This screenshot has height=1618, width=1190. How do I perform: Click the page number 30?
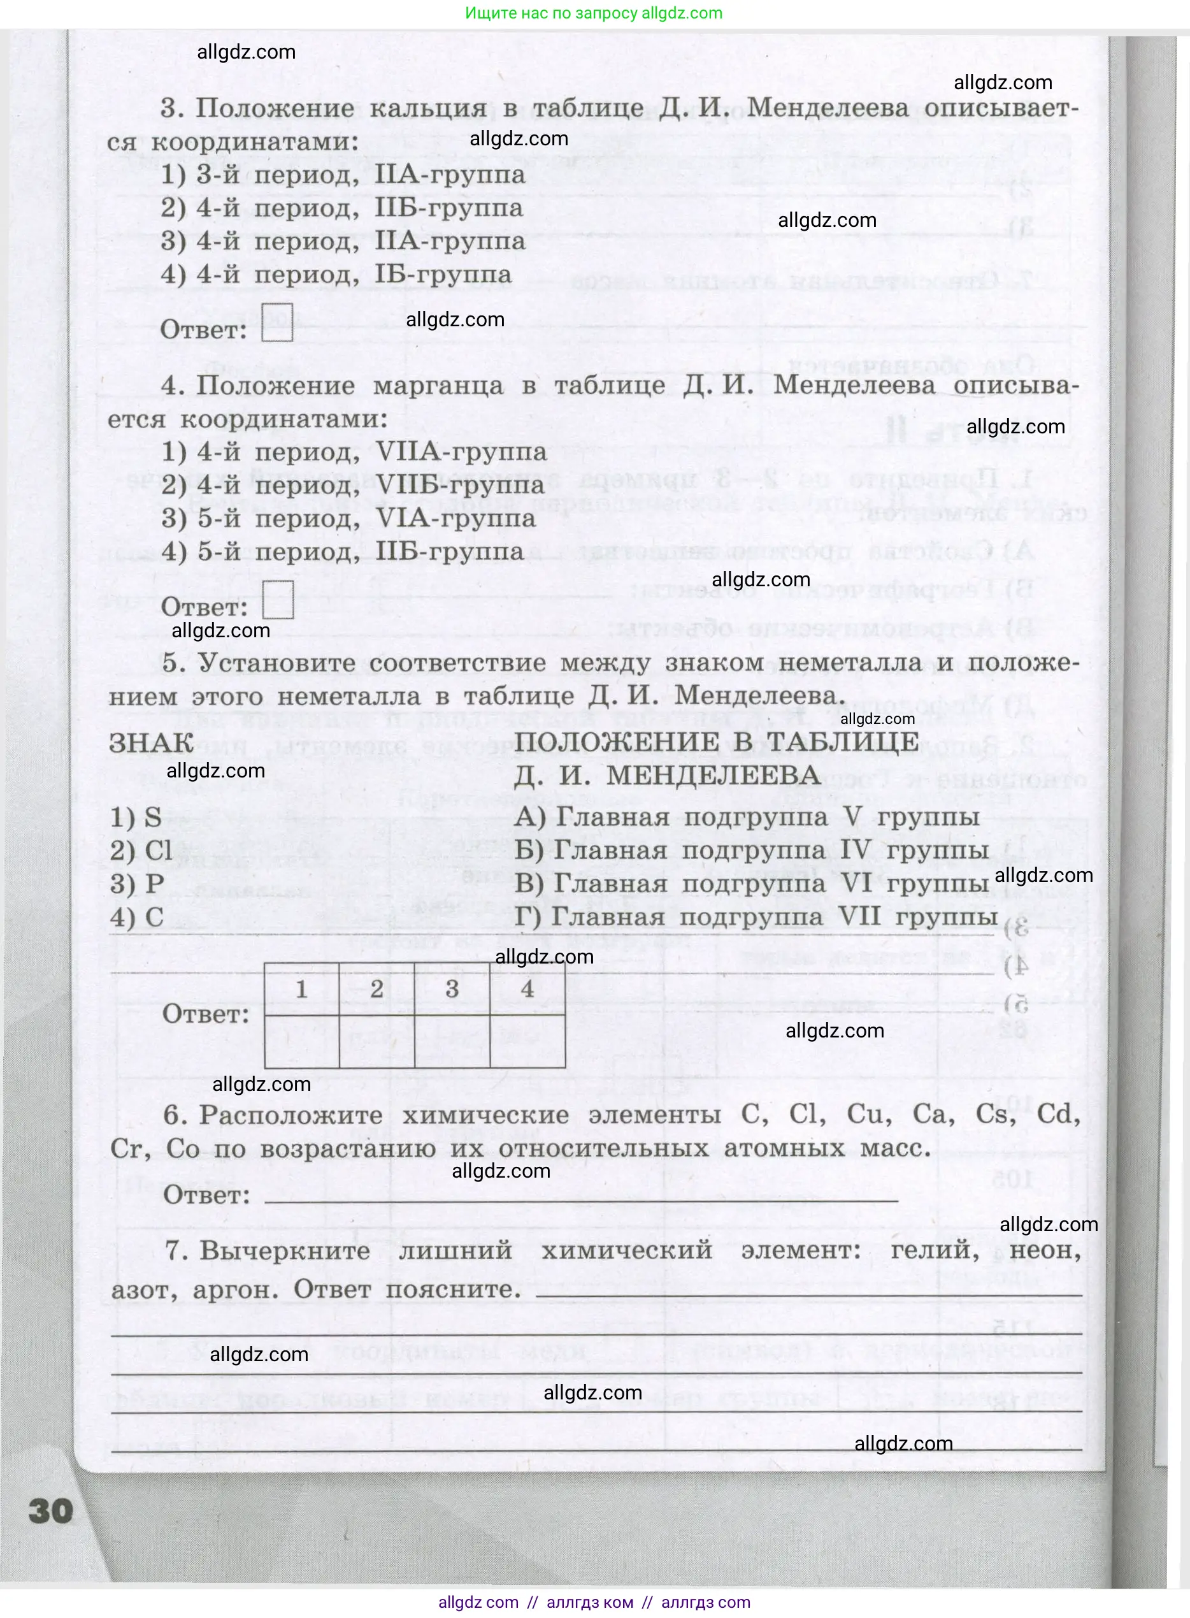point(50,1511)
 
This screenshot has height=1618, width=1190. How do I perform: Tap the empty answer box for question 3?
point(277,321)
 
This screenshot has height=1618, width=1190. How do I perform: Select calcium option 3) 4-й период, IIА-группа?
point(343,241)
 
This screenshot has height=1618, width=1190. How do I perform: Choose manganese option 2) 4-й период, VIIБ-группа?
point(353,485)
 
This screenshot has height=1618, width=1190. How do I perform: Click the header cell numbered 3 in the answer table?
point(452,989)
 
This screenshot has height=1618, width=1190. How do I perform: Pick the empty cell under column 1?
point(302,1042)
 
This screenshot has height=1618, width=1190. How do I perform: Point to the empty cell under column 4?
point(527,1042)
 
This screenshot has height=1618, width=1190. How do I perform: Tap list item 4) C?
point(137,917)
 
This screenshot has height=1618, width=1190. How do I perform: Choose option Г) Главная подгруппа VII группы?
point(756,917)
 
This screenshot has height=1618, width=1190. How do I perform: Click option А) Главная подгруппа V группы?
point(747,818)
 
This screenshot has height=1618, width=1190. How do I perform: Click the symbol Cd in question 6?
point(1057,1115)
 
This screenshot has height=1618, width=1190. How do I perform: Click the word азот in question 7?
point(142,1290)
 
